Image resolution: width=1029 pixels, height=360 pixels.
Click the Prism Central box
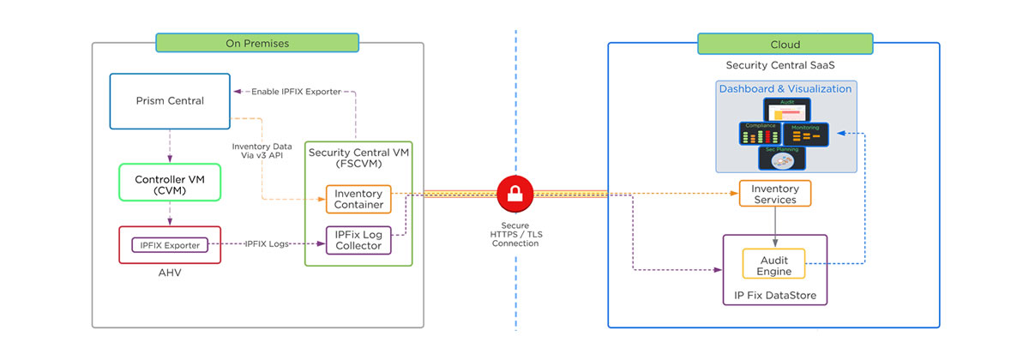click(170, 101)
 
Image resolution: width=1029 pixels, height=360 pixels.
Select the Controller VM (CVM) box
click(170, 186)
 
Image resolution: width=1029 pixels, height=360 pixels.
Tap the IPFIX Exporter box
click(169, 245)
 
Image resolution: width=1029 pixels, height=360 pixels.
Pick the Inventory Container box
click(358, 199)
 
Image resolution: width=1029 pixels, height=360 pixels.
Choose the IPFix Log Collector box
click(358, 240)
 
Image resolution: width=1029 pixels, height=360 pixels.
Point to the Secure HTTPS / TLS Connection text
click(515, 234)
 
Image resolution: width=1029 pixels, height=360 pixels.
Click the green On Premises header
click(256, 44)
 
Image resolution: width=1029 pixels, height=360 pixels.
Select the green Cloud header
click(785, 44)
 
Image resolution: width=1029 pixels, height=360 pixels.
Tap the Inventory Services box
click(774, 194)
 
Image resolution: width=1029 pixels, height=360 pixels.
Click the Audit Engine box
click(773, 264)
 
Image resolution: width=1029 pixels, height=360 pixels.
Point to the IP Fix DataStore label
click(774, 297)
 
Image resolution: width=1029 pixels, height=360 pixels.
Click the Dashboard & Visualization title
click(785, 89)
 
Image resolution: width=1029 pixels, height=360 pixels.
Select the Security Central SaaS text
click(774, 65)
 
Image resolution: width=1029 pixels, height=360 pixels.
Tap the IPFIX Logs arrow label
click(268, 245)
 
